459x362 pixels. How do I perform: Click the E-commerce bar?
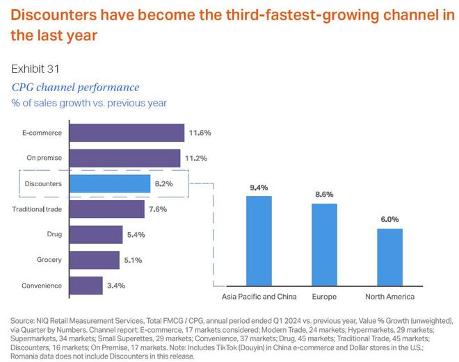[127, 133]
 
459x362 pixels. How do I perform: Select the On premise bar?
[125, 158]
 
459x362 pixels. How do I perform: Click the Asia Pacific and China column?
[259, 240]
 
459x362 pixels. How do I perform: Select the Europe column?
[324, 244]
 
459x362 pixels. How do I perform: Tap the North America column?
[389, 256]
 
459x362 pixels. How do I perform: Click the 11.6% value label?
[200, 133]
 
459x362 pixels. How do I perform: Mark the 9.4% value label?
[259, 188]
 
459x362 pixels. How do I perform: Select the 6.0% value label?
[389, 219]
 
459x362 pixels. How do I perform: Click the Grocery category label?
[50, 261]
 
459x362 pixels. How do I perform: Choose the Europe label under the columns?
[324, 297]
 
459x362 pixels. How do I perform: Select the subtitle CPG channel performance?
[75, 87]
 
